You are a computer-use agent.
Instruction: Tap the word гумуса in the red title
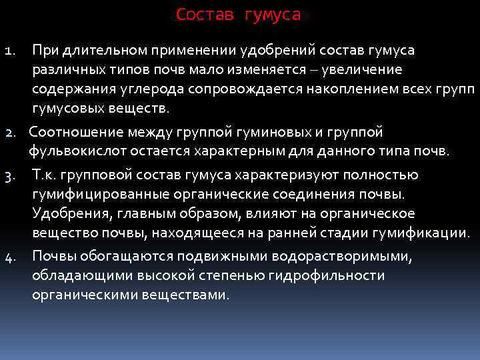coord(273,15)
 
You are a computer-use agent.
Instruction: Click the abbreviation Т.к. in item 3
coord(44,175)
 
